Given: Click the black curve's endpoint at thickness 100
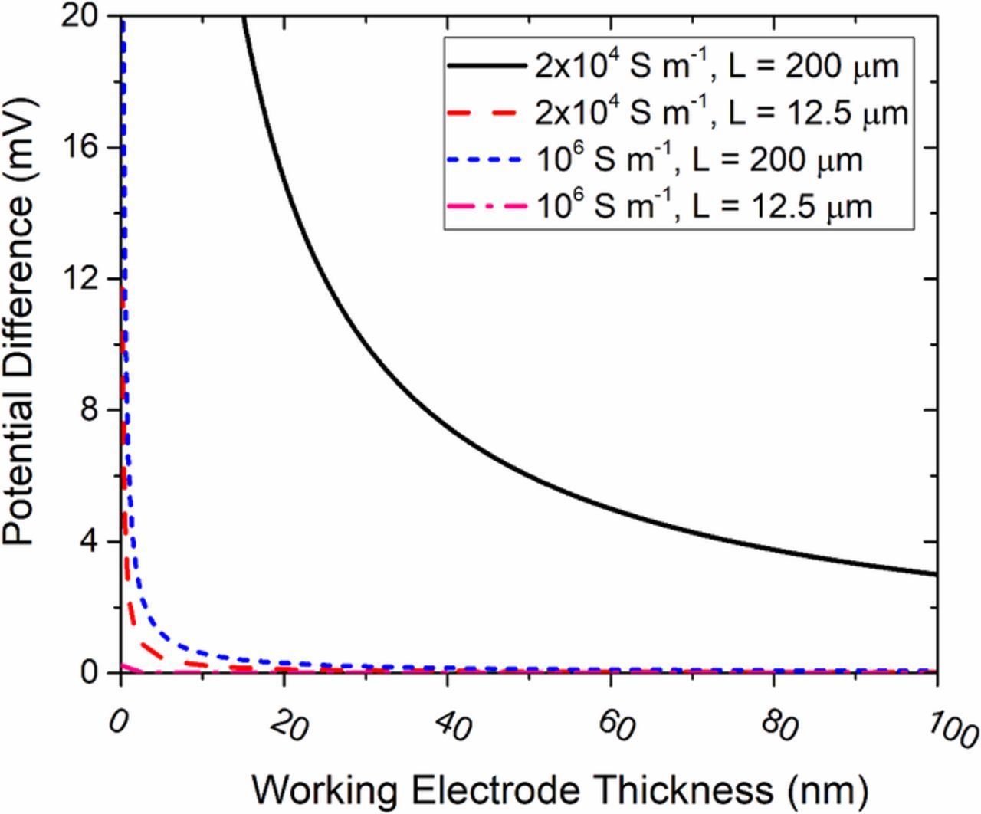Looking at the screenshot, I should coord(937,574).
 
